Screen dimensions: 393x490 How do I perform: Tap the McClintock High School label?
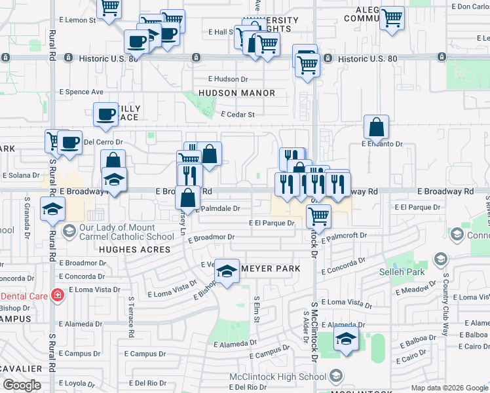click(x=278, y=377)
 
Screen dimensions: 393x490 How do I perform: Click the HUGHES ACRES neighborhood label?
click(x=134, y=250)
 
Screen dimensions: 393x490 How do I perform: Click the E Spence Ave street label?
click(x=82, y=92)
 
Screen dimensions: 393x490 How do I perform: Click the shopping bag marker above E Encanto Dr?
click(x=377, y=126)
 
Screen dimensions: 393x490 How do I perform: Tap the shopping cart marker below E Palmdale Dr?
click(x=318, y=215)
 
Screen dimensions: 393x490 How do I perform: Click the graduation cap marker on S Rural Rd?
click(x=52, y=210)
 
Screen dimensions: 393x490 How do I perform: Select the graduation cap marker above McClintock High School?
click(x=346, y=339)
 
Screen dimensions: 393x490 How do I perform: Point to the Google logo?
click(x=22, y=386)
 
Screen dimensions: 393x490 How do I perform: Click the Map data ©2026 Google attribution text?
click(x=449, y=388)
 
